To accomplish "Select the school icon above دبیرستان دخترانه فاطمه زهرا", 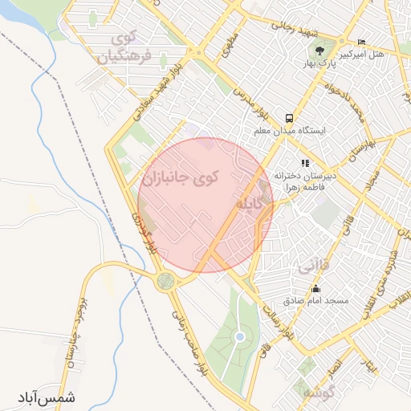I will click(304, 164).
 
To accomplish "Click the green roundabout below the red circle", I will click(166, 280).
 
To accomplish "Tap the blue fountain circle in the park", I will click(239, 337).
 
